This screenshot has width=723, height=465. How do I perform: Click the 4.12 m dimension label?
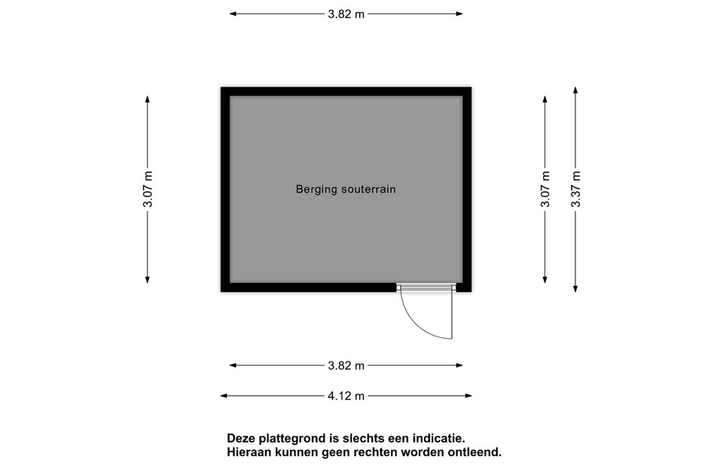tap(346, 396)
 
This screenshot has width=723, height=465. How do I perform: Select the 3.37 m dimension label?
tap(575, 189)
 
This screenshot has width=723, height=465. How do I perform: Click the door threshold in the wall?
tap(426, 287)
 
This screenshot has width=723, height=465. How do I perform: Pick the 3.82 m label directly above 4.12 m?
tap(346, 366)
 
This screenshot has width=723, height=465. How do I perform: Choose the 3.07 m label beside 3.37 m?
tap(545, 189)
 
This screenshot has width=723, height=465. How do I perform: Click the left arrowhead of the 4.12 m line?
tap(224, 396)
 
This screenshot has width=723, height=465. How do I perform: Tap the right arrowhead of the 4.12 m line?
tap(468, 396)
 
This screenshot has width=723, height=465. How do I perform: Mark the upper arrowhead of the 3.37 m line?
tap(575, 90)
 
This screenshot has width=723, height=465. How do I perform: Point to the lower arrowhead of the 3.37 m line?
tap(575, 289)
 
